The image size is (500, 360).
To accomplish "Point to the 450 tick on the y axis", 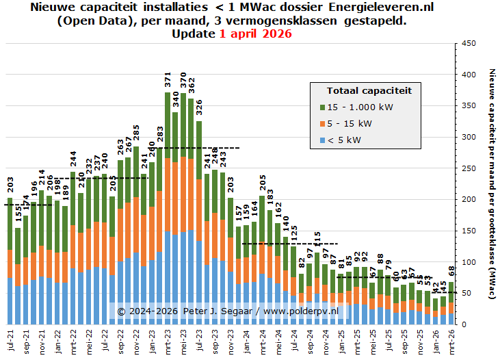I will coord(469,43).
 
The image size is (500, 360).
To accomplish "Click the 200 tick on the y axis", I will coord(469,199).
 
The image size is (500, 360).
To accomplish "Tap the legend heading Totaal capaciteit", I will coord(369,90).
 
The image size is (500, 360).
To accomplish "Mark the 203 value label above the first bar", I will coord(10,184).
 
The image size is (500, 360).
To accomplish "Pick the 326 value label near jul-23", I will coord(199,108).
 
